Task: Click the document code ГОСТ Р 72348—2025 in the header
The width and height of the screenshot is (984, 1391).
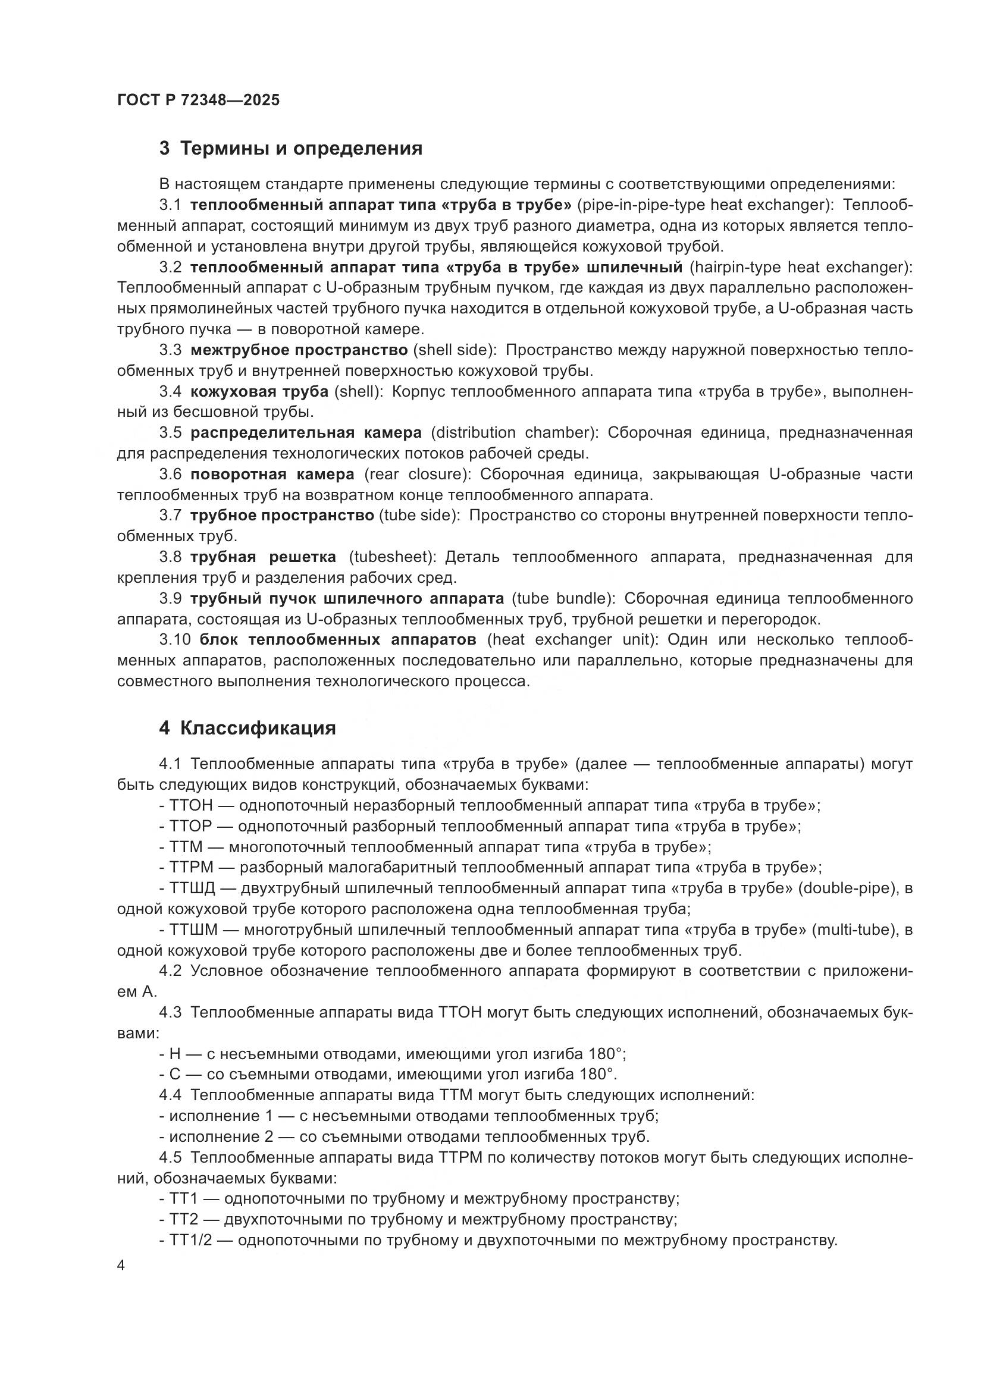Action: [198, 100]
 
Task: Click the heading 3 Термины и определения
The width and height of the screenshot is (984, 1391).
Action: [291, 149]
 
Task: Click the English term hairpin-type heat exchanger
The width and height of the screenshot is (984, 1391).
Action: [797, 267]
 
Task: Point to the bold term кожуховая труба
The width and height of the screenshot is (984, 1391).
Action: [259, 391]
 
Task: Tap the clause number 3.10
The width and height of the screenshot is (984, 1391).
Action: [175, 640]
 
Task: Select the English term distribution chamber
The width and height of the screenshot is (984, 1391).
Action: [514, 432]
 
